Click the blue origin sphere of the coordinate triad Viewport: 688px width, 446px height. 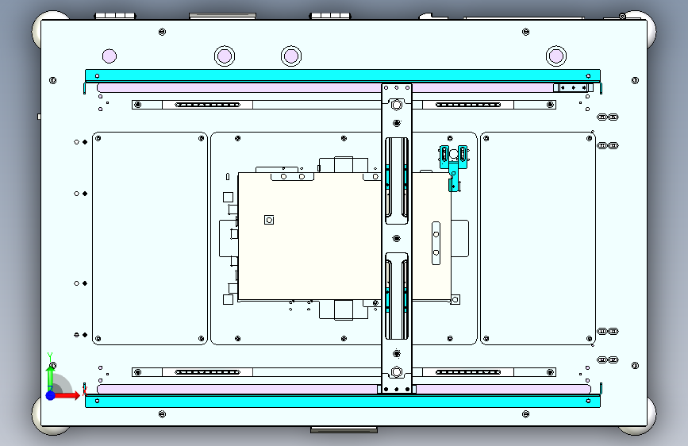51,395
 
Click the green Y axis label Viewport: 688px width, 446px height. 50,356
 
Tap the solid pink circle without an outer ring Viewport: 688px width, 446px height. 110,56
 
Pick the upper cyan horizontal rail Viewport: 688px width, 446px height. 343,75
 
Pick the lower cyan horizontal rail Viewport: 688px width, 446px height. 343,401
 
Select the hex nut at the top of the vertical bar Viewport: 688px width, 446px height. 397,106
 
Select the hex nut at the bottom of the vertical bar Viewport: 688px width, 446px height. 397,372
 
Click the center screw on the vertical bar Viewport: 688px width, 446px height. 397,238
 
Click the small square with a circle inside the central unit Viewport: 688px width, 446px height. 269,220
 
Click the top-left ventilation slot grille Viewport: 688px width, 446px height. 208,105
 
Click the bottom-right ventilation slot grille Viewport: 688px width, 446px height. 468,372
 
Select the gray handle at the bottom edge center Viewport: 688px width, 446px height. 344,430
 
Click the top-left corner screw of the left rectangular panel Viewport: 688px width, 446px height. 98,139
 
